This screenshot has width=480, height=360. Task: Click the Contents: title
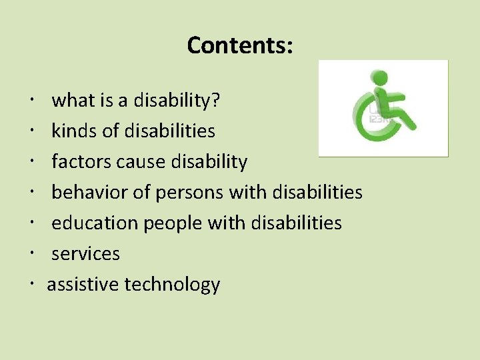240,45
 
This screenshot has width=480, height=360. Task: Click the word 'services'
85,254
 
